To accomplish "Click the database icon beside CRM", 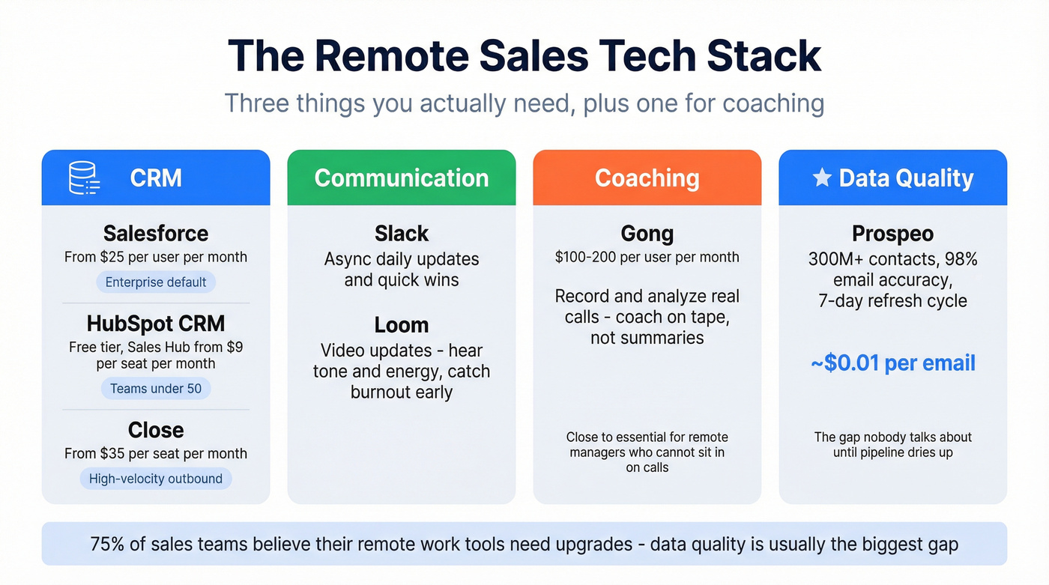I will coord(84,178).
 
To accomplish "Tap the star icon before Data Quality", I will coord(822,178).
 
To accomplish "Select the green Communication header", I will coord(402,178).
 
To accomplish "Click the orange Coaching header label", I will coord(647,178).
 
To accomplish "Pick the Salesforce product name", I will coord(156,234).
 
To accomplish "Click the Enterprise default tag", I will coord(156,282).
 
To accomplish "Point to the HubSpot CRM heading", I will coord(156,324).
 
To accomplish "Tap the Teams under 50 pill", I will coord(156,389).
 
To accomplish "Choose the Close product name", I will coord(156,430).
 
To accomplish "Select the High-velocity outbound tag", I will coord(156,479).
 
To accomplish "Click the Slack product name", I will coord(402,234).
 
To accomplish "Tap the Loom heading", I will coord(402,325).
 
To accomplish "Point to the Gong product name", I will coord(647,234).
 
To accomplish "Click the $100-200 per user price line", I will coord(647,257).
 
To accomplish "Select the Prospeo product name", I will coord(892,234).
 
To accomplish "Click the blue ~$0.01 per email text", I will coord(892,363).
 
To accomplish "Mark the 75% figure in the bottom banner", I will coord(107,544).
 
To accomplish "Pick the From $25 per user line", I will coord(156,257).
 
